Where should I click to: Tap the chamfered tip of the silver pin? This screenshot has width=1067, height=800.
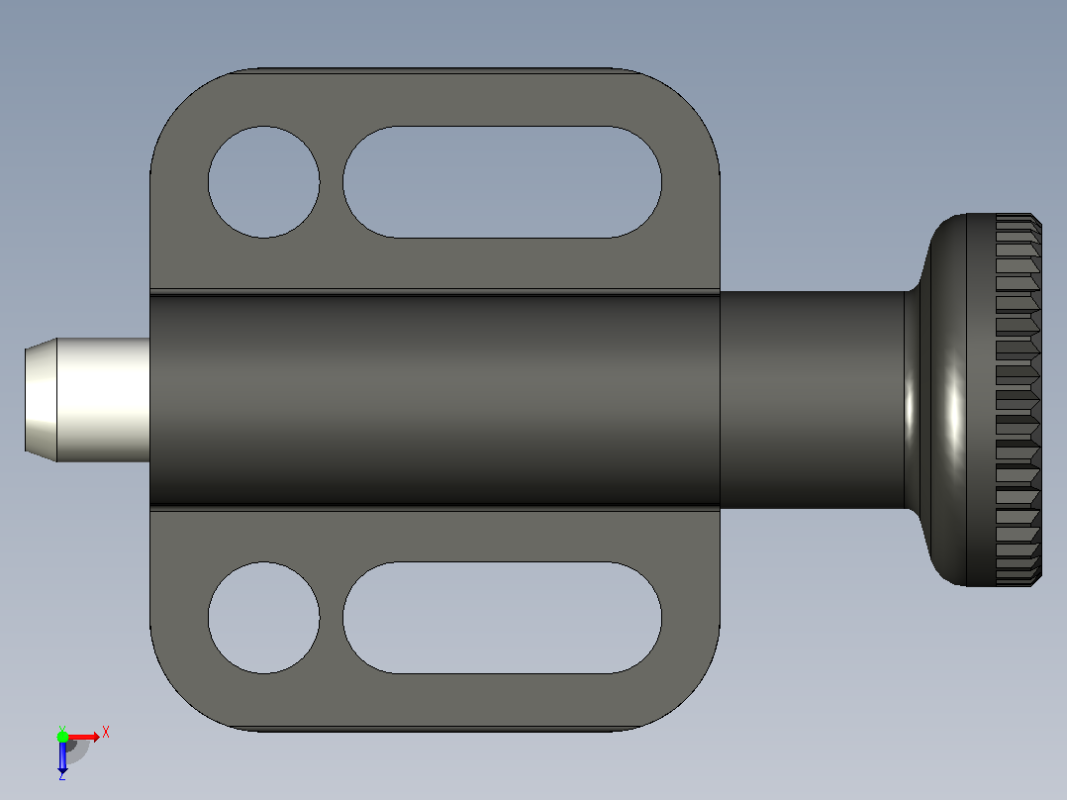pyautogui.click(x=41, y=400)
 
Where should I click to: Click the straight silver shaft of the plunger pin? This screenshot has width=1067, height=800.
pyautogui.click(x=103, y=400)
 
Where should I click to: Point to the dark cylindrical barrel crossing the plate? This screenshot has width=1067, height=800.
pyautogui.click(x=435, y=400)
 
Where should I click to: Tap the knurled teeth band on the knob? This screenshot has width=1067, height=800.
pyautogui.click(x=1018, y=400)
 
